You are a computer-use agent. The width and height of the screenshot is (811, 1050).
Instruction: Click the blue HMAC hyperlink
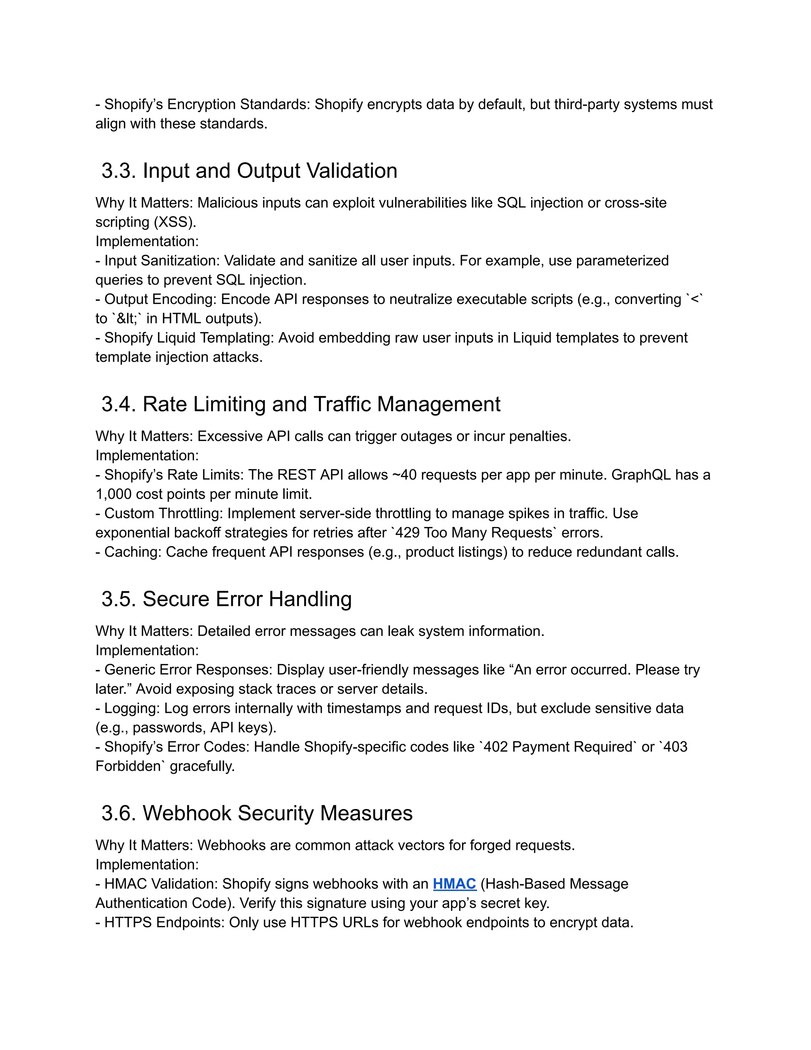(x=454, y=884)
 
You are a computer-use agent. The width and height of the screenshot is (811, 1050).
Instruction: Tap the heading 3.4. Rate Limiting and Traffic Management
(x=301, y=404)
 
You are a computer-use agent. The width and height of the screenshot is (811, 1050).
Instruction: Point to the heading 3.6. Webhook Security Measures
(x=257, y=813)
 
